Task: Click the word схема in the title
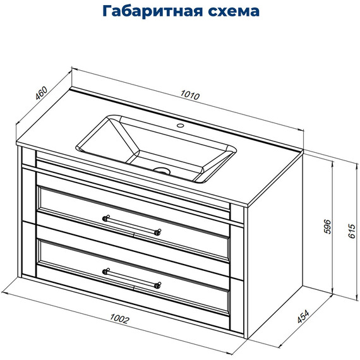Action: click(234, 12)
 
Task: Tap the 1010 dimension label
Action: click(190, 97)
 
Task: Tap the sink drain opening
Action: click(164, 170)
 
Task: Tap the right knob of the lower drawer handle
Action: click(157, 285)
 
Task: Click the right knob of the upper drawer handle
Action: click(158, 231)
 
